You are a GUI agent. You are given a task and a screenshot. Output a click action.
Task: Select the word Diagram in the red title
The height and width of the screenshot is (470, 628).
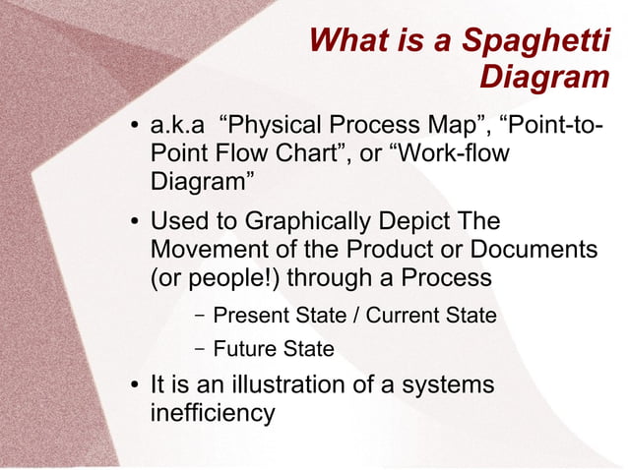coord(545,78)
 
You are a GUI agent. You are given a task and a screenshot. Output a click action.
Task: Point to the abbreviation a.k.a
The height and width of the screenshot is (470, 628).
coord(176,127)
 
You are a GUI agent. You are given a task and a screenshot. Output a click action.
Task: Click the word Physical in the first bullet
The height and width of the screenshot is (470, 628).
coord(277,127)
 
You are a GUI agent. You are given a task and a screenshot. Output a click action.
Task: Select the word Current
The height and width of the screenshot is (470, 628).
coord(407,316)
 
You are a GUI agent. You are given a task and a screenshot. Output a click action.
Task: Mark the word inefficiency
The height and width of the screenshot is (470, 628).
coord(212,412)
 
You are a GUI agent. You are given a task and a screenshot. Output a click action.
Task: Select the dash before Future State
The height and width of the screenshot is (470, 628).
coord(200,348)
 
